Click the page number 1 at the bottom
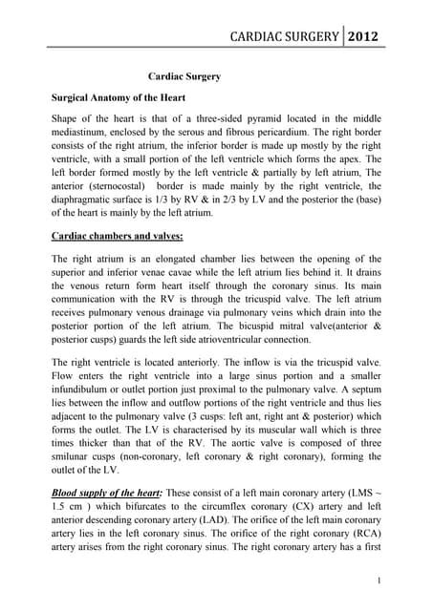(379, 579)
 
